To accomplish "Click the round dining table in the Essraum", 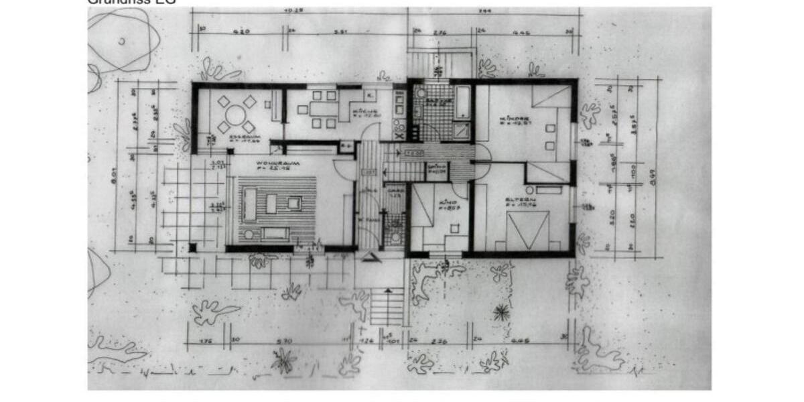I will point(235,115).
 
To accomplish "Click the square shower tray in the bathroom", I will point(462,130).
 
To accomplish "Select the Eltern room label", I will point(517,200).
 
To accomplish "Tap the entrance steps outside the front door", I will point(387,306).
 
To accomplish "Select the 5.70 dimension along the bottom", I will point(285,341).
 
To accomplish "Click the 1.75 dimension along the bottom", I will point(206,341).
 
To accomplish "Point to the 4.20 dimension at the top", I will point(241,31).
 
